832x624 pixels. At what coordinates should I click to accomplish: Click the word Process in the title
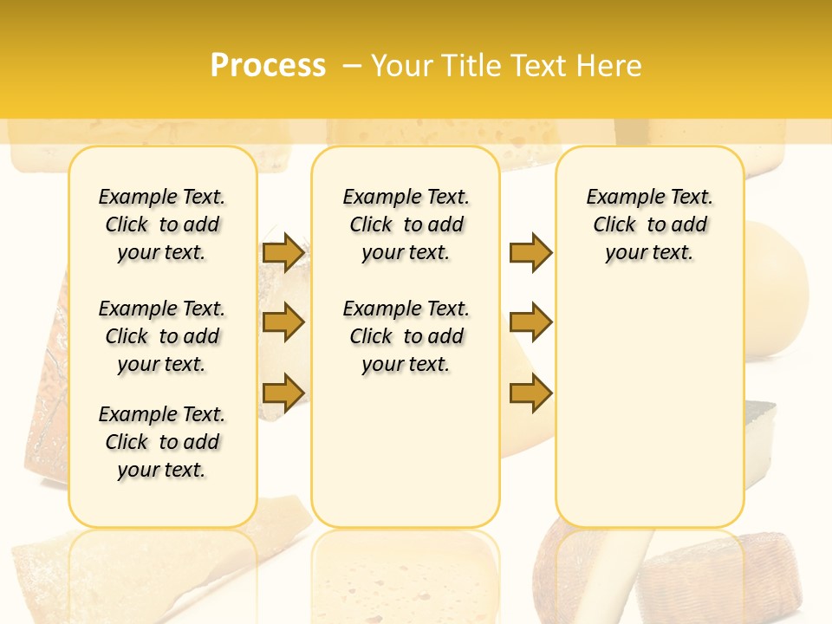tap(268, 66)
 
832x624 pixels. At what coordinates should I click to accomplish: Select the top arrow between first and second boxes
tap(283, 252)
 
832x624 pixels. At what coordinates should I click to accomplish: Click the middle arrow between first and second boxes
tap(283, 322)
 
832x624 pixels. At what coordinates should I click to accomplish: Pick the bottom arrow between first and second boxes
tap(283, 393)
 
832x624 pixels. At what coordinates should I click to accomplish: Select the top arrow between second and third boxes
tap(530, 252)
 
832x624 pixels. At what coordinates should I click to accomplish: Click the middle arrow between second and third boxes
tap(530, 322)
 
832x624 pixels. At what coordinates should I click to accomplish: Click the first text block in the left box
tap(162, 224)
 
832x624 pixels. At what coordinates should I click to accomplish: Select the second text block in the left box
tap(162, 336)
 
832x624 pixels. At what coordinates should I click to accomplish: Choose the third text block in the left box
tap(162, 442)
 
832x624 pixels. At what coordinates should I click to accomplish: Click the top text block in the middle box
tap(406, 224)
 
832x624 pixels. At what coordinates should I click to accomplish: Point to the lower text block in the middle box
tap(406, 336)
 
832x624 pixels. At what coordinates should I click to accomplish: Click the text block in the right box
tap(649, 224)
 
